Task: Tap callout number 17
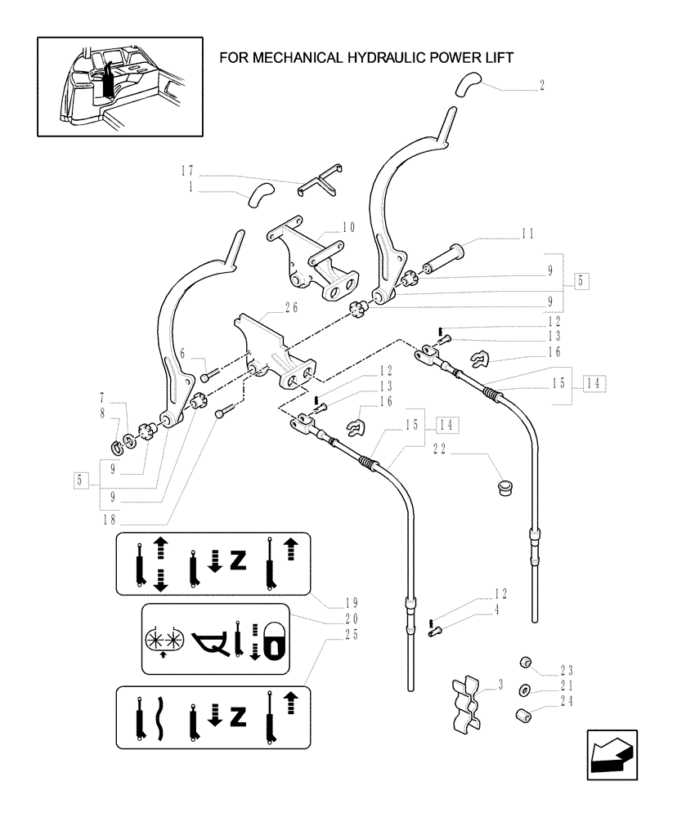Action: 187,171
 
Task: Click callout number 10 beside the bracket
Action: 348,227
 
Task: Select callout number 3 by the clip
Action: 500,683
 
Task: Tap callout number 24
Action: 566,700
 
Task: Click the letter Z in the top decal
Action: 238,562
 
